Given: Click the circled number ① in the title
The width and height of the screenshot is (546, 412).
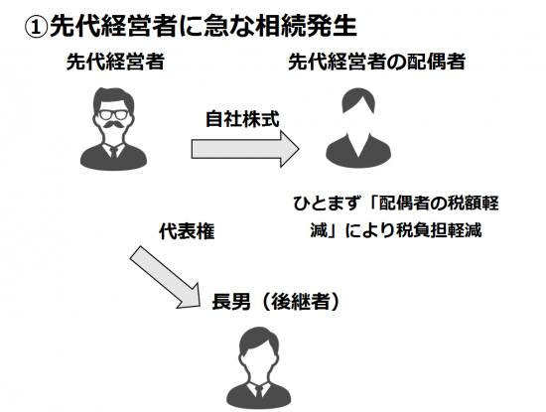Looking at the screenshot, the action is [36, 28].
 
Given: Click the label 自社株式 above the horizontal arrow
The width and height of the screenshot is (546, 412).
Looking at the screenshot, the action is [242, 119].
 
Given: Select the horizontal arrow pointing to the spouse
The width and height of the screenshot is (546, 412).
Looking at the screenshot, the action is [245, 149].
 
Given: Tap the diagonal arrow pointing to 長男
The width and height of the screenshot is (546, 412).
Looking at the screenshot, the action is [165, 277].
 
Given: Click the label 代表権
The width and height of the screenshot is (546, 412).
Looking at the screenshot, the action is [187, 231].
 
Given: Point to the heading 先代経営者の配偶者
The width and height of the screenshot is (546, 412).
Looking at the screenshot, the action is [377, 62].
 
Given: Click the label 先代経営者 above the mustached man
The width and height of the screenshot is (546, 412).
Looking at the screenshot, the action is [115, 62].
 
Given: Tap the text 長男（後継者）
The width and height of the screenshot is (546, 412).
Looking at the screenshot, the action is [275, 302].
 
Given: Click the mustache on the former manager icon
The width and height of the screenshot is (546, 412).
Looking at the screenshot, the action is [113, 124].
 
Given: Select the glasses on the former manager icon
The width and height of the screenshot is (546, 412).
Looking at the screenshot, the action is [113, 114].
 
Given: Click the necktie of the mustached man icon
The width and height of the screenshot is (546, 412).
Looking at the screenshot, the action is [113, 152].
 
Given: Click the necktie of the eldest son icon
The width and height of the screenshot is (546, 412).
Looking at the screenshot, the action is [259, 391].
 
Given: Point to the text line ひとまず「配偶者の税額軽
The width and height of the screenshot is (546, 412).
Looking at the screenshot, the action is [396, 204].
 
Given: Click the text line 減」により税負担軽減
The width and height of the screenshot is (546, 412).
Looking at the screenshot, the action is [396, 230].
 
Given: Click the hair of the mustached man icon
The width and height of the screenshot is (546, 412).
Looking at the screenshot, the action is [113, 99].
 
